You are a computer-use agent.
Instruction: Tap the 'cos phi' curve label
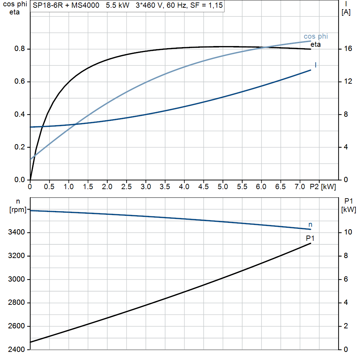point(316,37)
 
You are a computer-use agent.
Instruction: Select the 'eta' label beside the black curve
point(315,44)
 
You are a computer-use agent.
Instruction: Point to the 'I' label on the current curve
point(315,65)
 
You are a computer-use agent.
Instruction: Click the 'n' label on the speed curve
point(310,224)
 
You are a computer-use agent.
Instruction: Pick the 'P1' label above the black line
point(310,238)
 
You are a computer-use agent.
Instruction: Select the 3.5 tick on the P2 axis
point(165,187)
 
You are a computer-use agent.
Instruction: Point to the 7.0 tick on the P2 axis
point(300,187)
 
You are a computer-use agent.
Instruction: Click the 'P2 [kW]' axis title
point(323,187)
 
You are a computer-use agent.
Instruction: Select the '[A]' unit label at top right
point(346,12)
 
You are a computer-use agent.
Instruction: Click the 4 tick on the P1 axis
point(346,303)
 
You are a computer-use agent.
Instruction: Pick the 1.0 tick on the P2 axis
point(69,187)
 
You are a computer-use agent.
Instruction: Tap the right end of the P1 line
point(311,243)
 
